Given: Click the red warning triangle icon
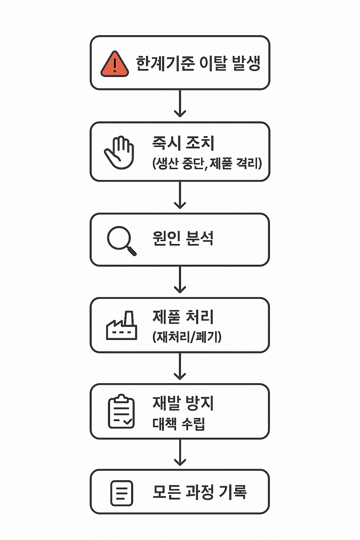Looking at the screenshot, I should (114, 64).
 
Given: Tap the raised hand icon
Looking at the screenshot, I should (120, 153).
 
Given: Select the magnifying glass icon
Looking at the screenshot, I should (121, 240).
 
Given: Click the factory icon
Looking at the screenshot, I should (122, 326).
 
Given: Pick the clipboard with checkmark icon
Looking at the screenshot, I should (121, 411).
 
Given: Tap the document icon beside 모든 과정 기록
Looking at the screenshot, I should (122, 493).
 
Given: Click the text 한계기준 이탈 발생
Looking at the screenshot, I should (198, 64).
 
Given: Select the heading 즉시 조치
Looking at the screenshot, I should (183, 143).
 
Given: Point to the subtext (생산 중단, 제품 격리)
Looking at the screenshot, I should (207, 163).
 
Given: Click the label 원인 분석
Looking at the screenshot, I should (183, 238).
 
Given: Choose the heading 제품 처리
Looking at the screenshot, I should (183, 316).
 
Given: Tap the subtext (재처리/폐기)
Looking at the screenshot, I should (187, 337).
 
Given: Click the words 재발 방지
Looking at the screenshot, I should (183, 403).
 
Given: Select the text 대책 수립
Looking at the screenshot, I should (179, 424).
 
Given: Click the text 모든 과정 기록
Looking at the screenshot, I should (200, 492).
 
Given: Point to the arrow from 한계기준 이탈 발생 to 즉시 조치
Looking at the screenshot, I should (180, 103).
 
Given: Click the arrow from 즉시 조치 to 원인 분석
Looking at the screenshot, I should (180, 195).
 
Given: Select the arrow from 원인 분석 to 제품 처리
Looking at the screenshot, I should (180, 279).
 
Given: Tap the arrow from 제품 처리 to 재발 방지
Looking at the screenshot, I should (180, 366).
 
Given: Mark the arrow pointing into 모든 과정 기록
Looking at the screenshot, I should (180, 452).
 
